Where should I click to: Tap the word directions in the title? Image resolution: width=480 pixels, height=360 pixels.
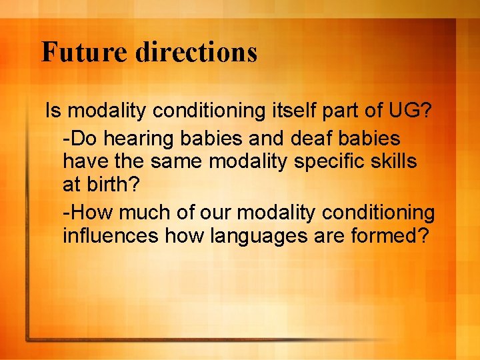(x=195, y=52)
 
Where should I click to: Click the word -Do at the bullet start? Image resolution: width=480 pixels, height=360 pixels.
(x=77, y=138)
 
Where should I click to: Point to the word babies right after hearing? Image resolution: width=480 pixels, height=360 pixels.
(x=213, y=138)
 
